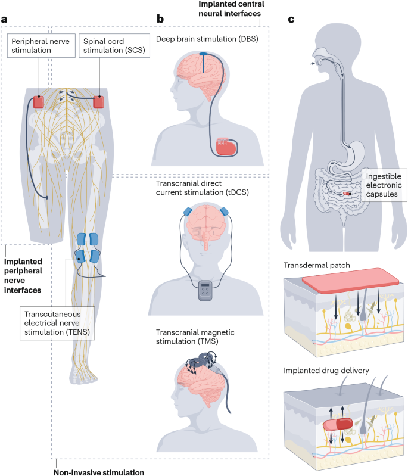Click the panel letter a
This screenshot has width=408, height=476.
click(5, 20)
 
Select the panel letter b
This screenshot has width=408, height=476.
click(160, 20)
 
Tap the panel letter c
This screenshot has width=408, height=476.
click(291, 20)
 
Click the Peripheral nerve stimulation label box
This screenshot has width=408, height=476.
click(38, 45)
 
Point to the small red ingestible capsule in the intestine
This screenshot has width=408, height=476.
click(346, 194)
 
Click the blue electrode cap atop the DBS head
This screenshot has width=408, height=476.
click(205, 54)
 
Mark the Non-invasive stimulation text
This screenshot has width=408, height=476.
click(100, 470)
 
